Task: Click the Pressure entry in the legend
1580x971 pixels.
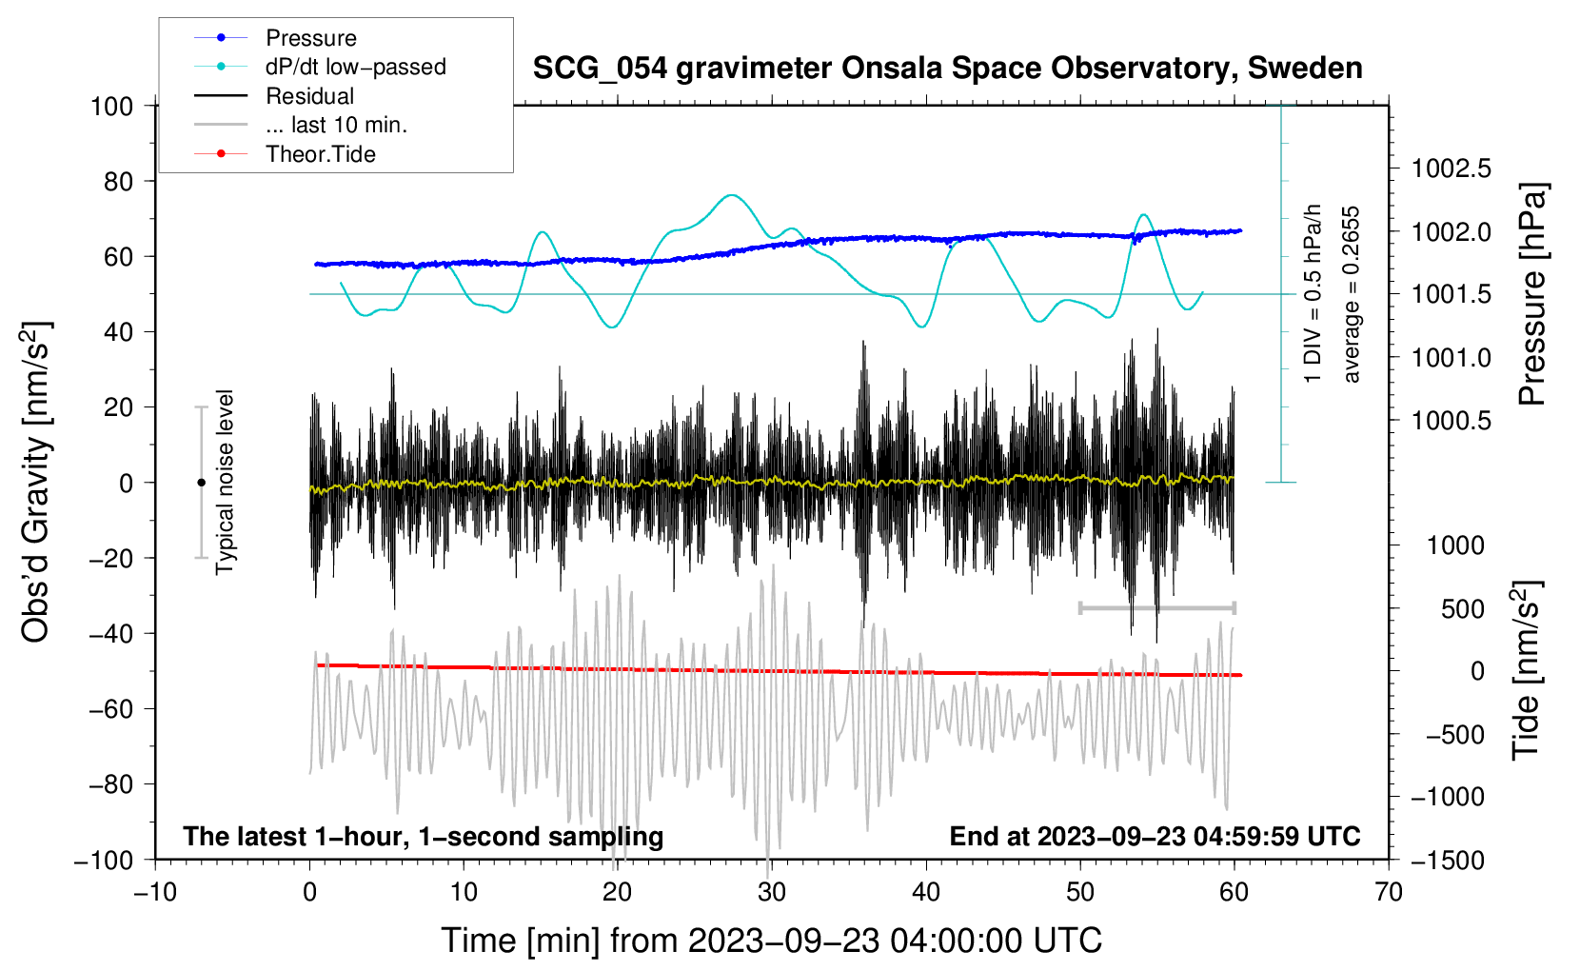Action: pyautogui.click(x=310, y=38)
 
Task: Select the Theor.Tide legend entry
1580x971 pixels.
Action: pyautogui.click(x=320, y=154)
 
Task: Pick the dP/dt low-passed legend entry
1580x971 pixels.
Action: pyautogui.click(x=355, y=67)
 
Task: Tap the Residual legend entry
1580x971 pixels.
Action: pyautogui.click(x=309, y=96)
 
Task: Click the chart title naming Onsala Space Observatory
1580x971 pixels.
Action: pyautogui.click(x=947, y=69)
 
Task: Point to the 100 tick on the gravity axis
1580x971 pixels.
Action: pyautogui.click(x=111, y=106)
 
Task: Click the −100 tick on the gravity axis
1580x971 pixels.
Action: pyautogui.click(x=104, y=860)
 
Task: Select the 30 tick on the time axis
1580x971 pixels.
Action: pyautogui.click(x=771, y=892)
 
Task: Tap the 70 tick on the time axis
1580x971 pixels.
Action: pyautogui.click(x=1388, y=892)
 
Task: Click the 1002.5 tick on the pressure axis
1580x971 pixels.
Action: pyautogui.click(x=1452, y=169)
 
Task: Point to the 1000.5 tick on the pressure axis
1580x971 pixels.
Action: pyautogui.click(x=1452, y=421)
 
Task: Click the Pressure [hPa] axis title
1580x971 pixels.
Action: pyautogui.click(x=1532, y=295)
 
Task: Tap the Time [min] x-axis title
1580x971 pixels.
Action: pyautogui.click(x=771, y=941)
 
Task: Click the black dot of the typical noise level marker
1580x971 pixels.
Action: pyautogui.click(x=201, y=483)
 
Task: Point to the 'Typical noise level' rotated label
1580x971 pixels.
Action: pyautogui.click(x=225, y=482)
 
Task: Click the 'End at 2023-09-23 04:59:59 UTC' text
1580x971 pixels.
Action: pyautogui.click(x=1155, y=837)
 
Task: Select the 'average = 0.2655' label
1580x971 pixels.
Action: pyautogui.click(x=1352, y=295)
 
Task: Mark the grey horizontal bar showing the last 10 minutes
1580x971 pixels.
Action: pyautogui.click(x=1156, y=607)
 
